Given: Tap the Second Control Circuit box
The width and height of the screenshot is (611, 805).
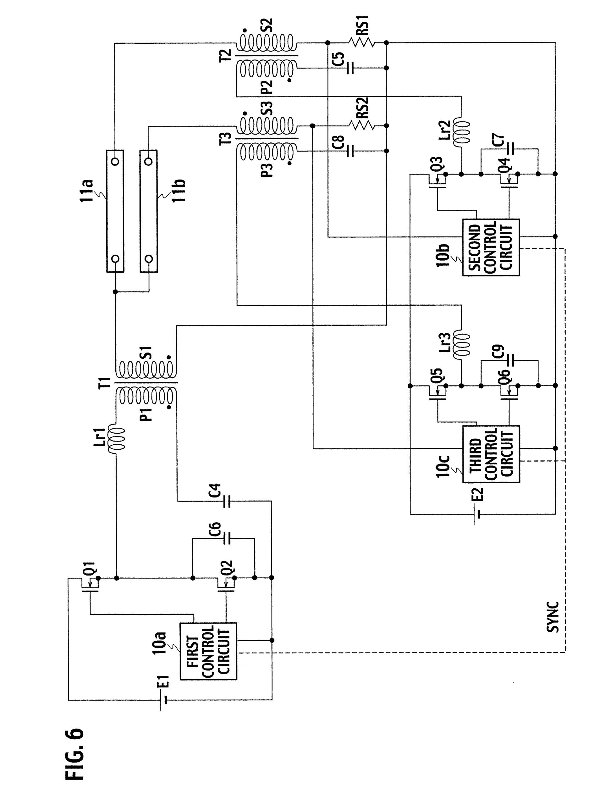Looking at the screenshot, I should (x=491, y=247).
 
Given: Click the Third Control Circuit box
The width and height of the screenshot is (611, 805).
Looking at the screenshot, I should (x=491, y=454).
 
